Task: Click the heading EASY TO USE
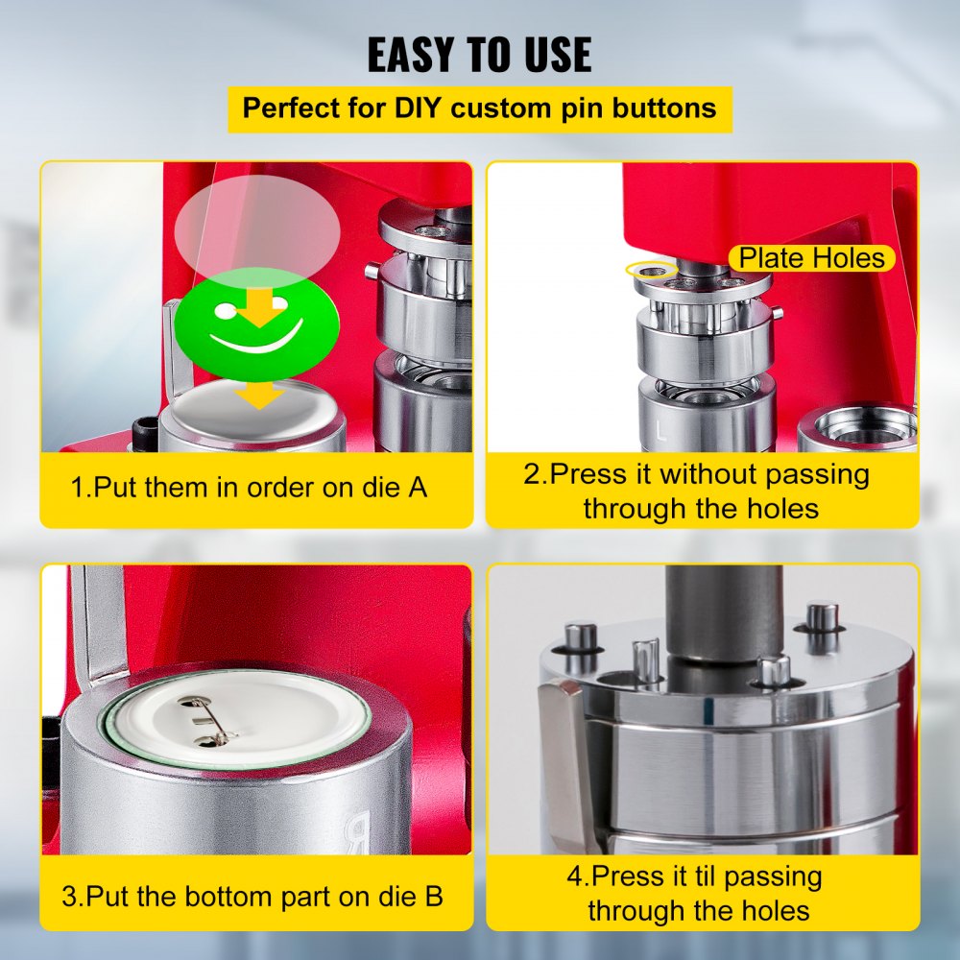480,55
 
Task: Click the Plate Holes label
812,257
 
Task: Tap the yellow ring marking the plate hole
646,271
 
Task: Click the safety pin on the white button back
213,722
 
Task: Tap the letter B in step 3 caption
433,898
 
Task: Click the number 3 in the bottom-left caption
70,898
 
